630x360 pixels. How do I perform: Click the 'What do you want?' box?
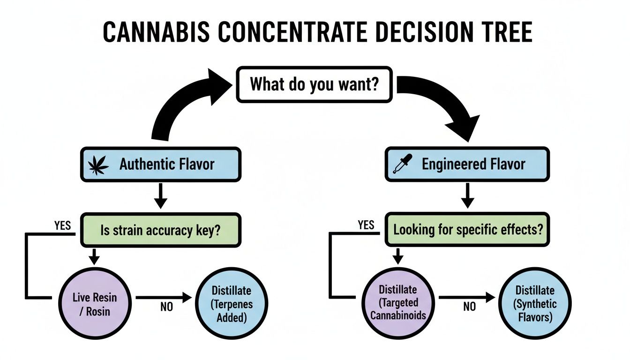[314, 84]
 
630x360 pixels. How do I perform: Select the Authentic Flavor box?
[161, 165]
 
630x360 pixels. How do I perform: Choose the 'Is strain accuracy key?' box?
[161, 231]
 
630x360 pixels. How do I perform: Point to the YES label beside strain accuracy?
[62, 226]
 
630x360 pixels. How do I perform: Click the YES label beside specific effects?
[366, 226]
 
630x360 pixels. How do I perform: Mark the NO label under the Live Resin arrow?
[166, 307]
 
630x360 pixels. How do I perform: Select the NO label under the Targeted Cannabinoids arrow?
[470, 307]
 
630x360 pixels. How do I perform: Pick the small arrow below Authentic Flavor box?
[161, 197]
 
